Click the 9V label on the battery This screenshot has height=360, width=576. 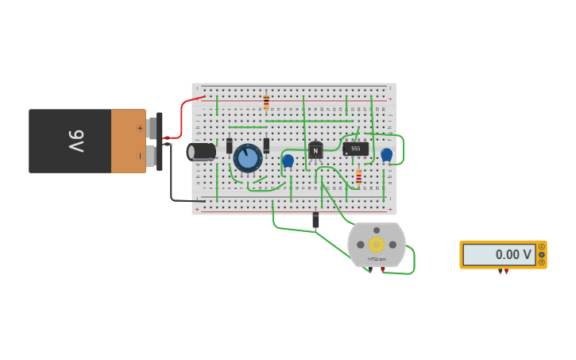75,141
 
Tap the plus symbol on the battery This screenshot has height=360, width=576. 140,127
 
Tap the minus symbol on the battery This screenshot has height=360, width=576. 140,155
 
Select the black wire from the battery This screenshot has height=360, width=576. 172,179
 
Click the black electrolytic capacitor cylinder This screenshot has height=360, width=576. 202,151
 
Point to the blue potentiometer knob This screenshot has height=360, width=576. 248,158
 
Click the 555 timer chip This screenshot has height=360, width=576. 355,149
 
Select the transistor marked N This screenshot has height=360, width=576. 315,151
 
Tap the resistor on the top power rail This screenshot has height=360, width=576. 266,103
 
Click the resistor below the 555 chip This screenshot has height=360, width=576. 358,177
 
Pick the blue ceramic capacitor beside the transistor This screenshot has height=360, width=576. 288,161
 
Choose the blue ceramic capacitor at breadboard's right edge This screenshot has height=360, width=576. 386,155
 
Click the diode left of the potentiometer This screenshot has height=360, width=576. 230,145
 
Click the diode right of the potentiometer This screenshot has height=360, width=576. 266,145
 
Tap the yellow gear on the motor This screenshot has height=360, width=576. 377,244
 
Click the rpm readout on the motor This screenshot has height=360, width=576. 377,259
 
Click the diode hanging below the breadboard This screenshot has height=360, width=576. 315,220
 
